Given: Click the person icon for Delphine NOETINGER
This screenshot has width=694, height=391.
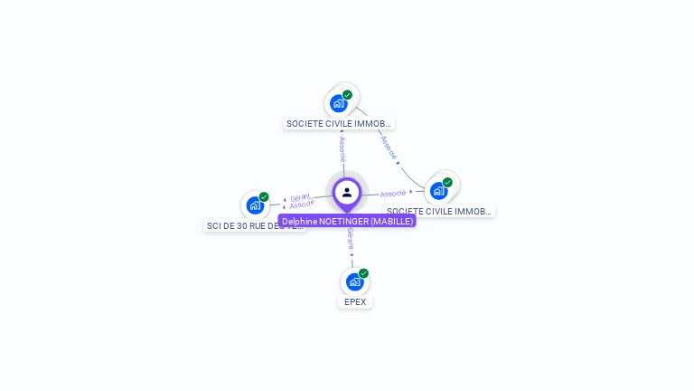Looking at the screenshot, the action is pyautogui.click(x=347, y=192).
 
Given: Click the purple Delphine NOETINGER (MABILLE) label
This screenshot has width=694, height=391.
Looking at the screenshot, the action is pyautogui.click(x=347, y=221).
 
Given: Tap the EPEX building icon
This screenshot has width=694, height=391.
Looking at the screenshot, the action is pyautogui.click(x=354, y=281).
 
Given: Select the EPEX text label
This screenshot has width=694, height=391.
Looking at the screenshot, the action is pyautogui.click(x=355, y=301).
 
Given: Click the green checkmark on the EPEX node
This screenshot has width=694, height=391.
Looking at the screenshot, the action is pyautogui.click(x=363, y=273).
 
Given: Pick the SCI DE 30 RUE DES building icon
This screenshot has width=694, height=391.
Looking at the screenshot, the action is pyautogui.click(x=255, y=205).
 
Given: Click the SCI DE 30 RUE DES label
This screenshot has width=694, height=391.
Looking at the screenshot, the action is pyautogui.click(x=255, y=225).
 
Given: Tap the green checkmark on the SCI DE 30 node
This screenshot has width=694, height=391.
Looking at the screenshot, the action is pyautogui.click(x=264, y=196).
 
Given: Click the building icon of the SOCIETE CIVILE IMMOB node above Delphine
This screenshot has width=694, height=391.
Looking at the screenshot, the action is pyautogui.click(x=339, y=103).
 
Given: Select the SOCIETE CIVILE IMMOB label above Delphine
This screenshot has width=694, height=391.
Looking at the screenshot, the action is pyautogui.click(x=339, y=123).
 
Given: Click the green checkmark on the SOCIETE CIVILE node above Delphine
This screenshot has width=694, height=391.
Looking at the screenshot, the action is pyautogui.click(x=347, y=94).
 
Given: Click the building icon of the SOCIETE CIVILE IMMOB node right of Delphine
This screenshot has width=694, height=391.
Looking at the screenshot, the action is pyautogui.click(x=438, y=191).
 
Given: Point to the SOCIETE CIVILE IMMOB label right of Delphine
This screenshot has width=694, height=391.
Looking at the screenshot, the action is pyautogui.click(x=439, y=211).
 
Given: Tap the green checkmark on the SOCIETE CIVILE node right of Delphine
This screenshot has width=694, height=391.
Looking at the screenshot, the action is pyautogui.click(x=447, y=182).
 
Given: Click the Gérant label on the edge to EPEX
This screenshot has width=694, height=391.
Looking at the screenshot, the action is pyautogui.click(x=351, y=240).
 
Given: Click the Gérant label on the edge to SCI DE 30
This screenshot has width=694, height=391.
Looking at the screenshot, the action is pyautogui.click(x=300, y=196).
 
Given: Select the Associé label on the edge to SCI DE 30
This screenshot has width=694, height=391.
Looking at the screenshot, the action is pyautogui.click(x=302, y=205).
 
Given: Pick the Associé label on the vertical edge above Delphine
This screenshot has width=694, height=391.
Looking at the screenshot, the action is pyautogui.click(x=342, y=148).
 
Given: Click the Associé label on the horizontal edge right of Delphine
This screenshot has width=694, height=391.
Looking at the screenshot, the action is pyautogui.click(x=393, y=193).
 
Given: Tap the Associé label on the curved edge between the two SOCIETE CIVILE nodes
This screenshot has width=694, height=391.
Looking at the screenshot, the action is pyautogui.click(x=389, y=148).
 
